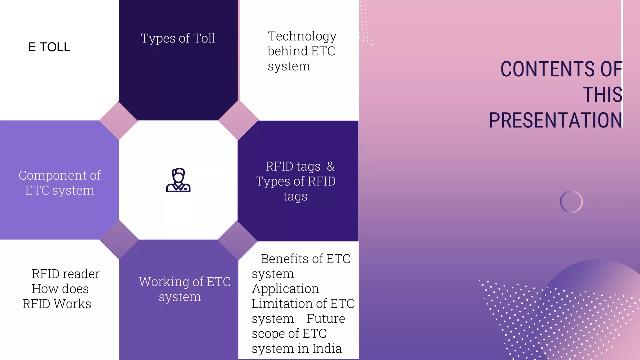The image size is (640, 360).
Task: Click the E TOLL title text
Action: [x=49, y=47]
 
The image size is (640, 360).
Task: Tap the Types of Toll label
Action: [x=178, y=38]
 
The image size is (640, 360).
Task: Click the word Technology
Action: [x=302, y=37]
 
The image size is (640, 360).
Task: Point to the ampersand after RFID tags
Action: [x=330, y=166]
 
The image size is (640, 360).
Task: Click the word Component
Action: [x=51, y=176]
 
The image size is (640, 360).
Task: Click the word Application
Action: [x=285, y=289]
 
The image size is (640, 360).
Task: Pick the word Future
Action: [x=326, y=319]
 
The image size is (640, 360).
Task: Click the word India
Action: [x=327, y=349]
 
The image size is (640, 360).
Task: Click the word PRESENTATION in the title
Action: [x=556, y=120]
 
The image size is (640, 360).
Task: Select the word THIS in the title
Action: [x=602, y=95]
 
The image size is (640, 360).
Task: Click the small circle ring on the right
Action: [x=571, y=202]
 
